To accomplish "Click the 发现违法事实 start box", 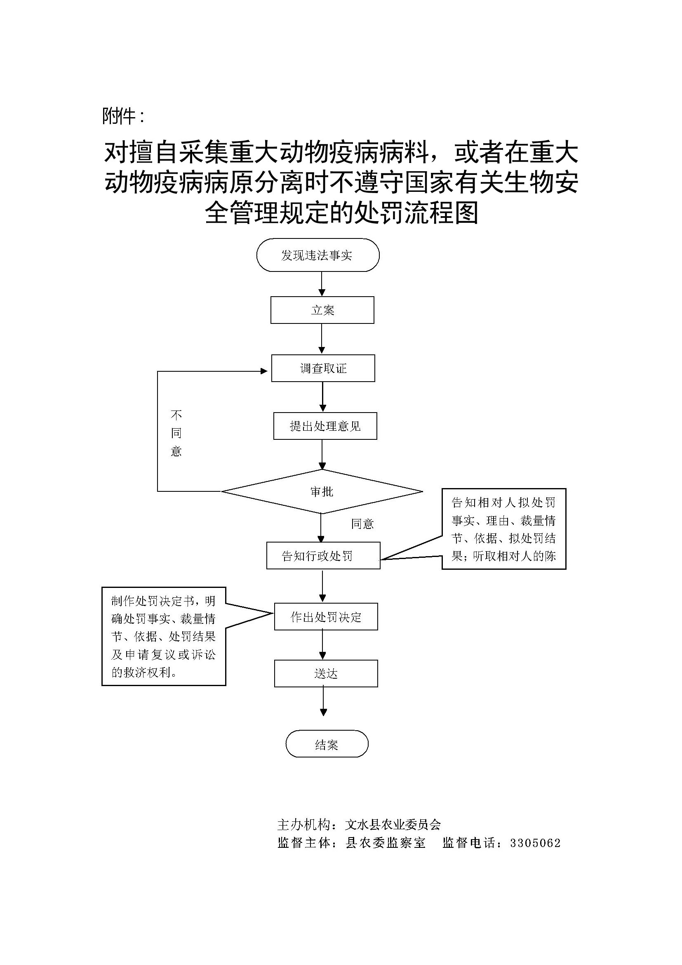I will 317,255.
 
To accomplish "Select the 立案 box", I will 322,310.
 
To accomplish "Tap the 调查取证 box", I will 323,368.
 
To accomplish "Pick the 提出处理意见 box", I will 325,426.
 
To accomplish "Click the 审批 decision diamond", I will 322,491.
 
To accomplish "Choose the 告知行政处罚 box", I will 323,556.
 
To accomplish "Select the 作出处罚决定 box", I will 326,617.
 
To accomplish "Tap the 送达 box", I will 326,674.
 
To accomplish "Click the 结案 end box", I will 327,745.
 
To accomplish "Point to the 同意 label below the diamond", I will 362,524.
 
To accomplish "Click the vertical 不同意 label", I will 176,433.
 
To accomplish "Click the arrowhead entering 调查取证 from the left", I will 264,371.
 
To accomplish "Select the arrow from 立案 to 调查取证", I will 322,339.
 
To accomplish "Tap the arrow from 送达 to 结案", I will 323,701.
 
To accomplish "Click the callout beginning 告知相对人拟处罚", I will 503,529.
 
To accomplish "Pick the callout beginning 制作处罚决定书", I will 164,636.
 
